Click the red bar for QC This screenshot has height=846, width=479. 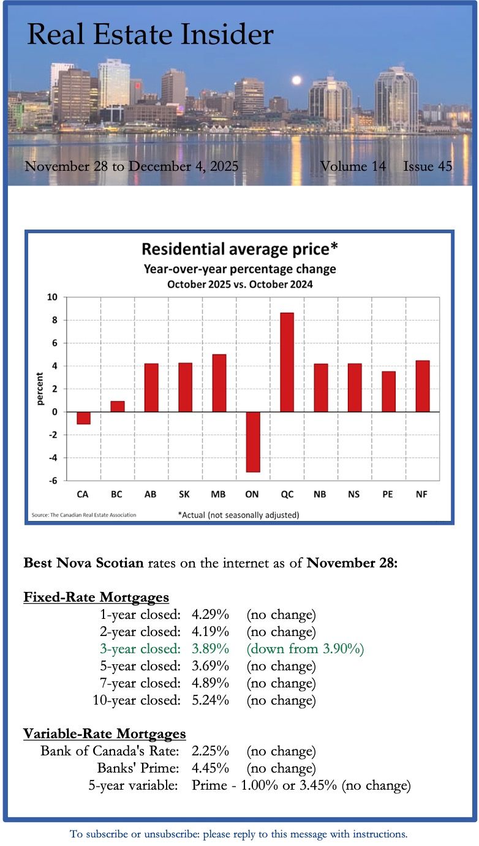coord(287,362)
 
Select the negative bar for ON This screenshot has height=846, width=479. coord(253,441)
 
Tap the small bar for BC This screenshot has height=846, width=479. coord(118,406)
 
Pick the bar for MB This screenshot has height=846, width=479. coord(219,383)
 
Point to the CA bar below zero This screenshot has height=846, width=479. coord(84,418)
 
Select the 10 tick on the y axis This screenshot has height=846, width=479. coord(52,298)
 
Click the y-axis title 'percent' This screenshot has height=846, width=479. coord(40,389)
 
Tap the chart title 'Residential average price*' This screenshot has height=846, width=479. coord(240,249)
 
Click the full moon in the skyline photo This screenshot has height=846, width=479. coord(296,80)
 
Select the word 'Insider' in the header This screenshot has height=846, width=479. coord(225,35)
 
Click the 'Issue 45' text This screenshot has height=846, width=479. coord(428,166)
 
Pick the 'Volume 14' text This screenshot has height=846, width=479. coord(353,166)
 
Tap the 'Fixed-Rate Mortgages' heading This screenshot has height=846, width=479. coord(96,597)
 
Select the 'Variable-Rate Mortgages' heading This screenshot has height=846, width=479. coord(105,733)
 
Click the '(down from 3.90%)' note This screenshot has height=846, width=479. coord(305,648)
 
